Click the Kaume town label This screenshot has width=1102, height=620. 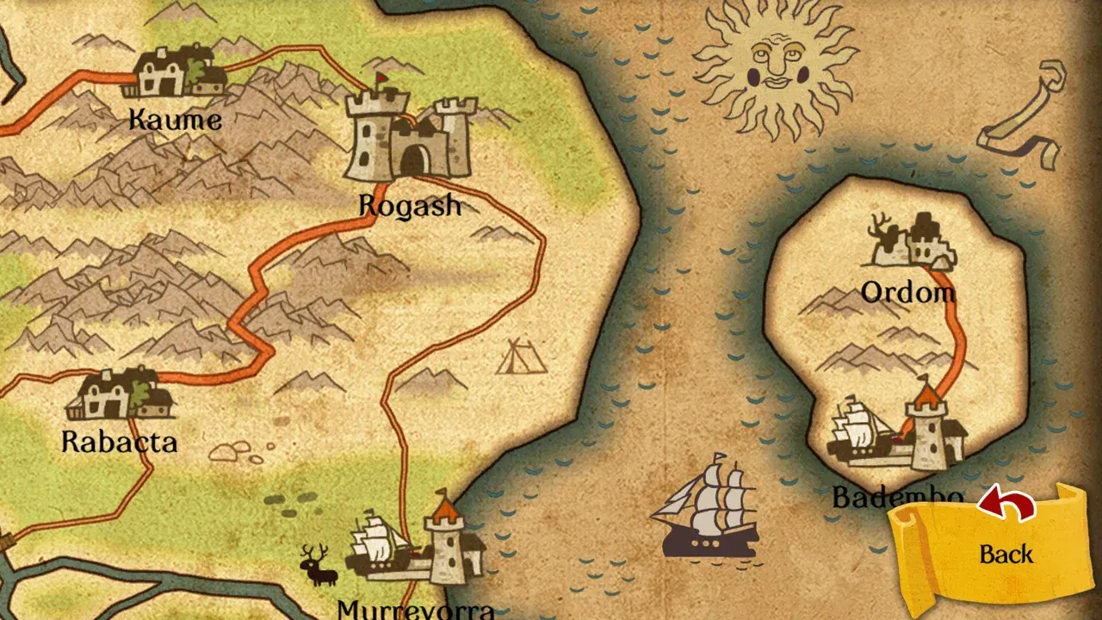pos(175,119)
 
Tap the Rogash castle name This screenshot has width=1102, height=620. pos(410,205)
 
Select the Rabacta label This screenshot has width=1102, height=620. pos(119,442)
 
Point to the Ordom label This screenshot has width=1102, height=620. pos(908,293)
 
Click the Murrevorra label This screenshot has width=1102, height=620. pos(416,610)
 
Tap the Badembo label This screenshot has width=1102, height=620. pos(895,498)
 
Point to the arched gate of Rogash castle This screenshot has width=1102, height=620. pos(415,160)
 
